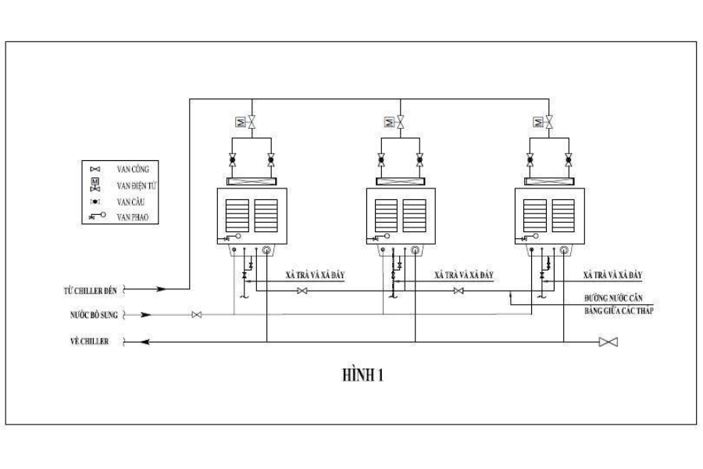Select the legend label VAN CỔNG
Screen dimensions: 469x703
tap(133, 169)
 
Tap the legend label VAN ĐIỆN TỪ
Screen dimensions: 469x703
tap(137, 185)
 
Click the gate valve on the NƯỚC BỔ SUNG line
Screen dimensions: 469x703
tap(197, 315)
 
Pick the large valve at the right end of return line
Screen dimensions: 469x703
tap(608, 342)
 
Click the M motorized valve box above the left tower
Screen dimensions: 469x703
tap(241, 122)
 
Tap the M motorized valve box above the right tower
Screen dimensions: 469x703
tap(537, 122)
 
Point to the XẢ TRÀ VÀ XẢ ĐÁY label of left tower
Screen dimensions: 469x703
tap(315, 276)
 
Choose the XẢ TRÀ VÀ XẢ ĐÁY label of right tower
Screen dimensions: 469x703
tap(612, 276)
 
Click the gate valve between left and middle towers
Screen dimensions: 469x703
tap(303, 291)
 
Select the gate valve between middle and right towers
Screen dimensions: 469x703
tap(459, 291)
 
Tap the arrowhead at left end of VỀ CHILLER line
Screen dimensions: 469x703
tap(146, 342)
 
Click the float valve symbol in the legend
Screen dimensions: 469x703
tap(98, 217)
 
